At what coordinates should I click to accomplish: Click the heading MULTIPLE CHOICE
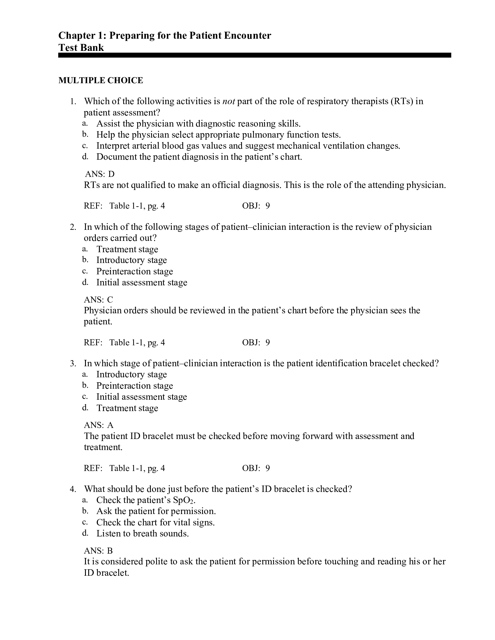click(100, 80)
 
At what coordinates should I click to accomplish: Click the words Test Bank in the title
click(81, 47)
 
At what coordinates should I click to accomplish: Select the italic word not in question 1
click(229, 102)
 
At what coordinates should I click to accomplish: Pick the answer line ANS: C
click(98, 299)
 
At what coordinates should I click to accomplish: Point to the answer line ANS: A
click(98, 425)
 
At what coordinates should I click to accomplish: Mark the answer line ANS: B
click(98, 551)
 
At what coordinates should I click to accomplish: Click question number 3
click(73, 364)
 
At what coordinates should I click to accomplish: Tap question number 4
click(73, 489)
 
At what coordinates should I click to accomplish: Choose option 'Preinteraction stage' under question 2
click(135, 271)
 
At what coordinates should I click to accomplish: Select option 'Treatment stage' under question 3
click(127, 408)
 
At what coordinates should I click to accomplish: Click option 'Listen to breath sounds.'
click(142, 533)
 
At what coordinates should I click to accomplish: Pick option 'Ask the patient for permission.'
click(156, 511)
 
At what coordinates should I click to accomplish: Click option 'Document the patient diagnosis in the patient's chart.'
click(199, 157)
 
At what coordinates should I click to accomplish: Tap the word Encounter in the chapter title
click(248, 35)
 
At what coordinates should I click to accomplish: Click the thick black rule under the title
click(254, 55)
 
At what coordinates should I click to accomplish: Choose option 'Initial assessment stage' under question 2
click(142, 282)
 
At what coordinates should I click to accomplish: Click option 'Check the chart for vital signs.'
click(155, 522)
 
